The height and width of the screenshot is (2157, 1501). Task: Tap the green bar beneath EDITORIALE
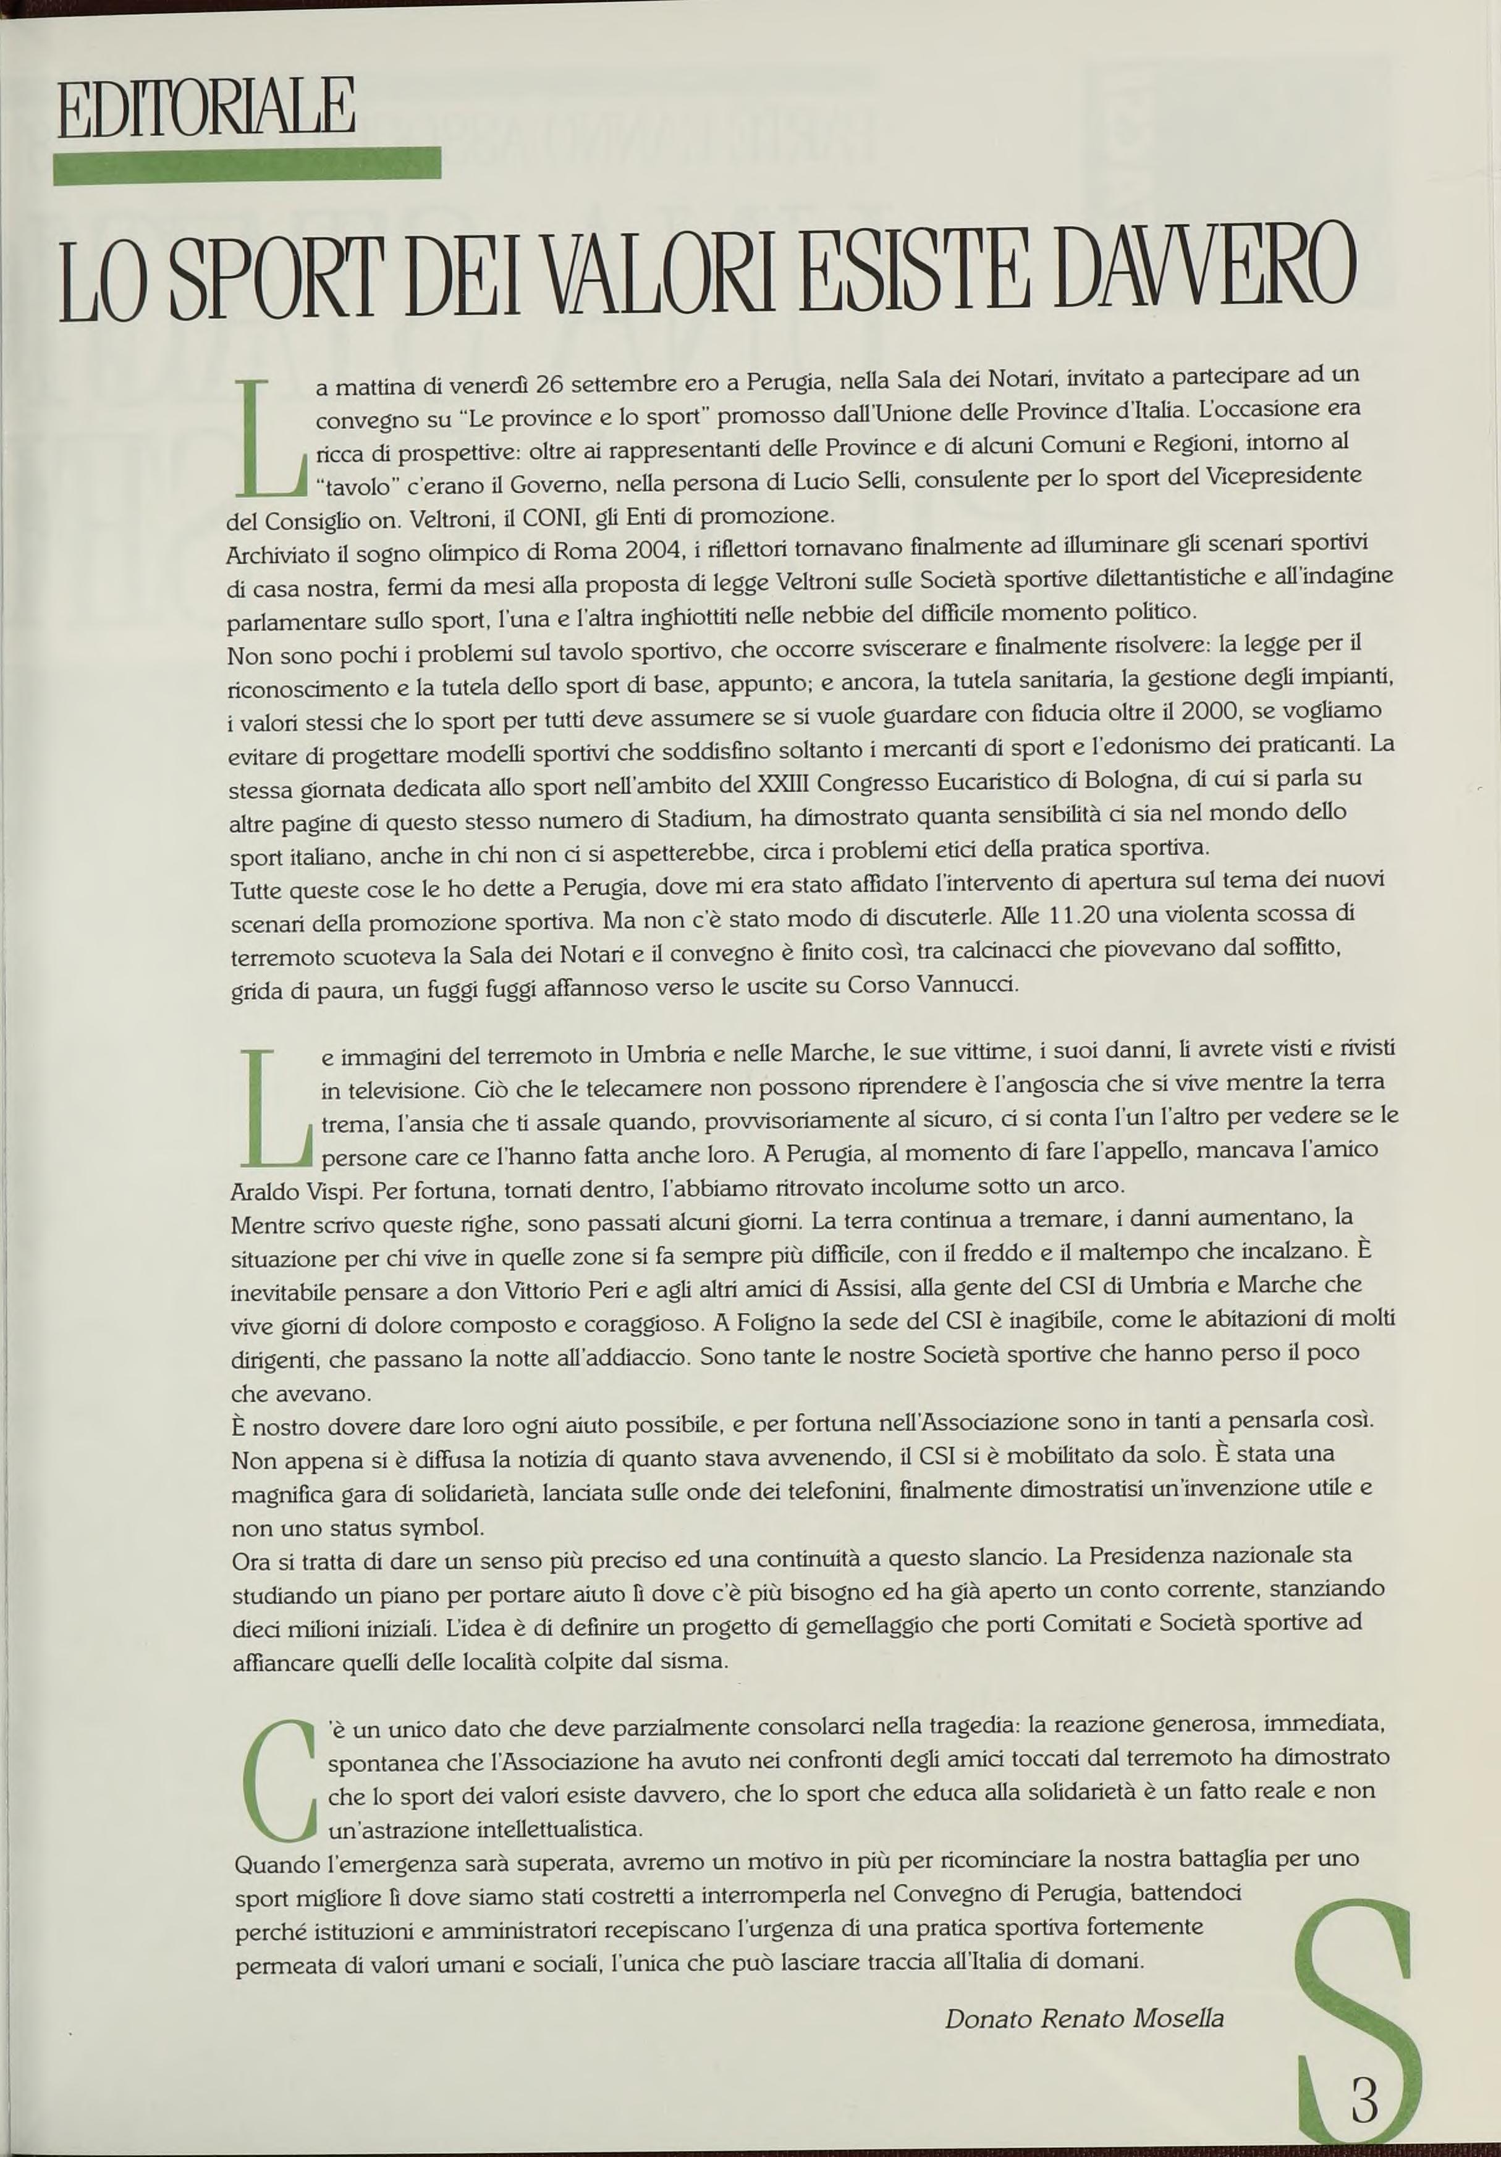pyautogui.click(x=247, y=166)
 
